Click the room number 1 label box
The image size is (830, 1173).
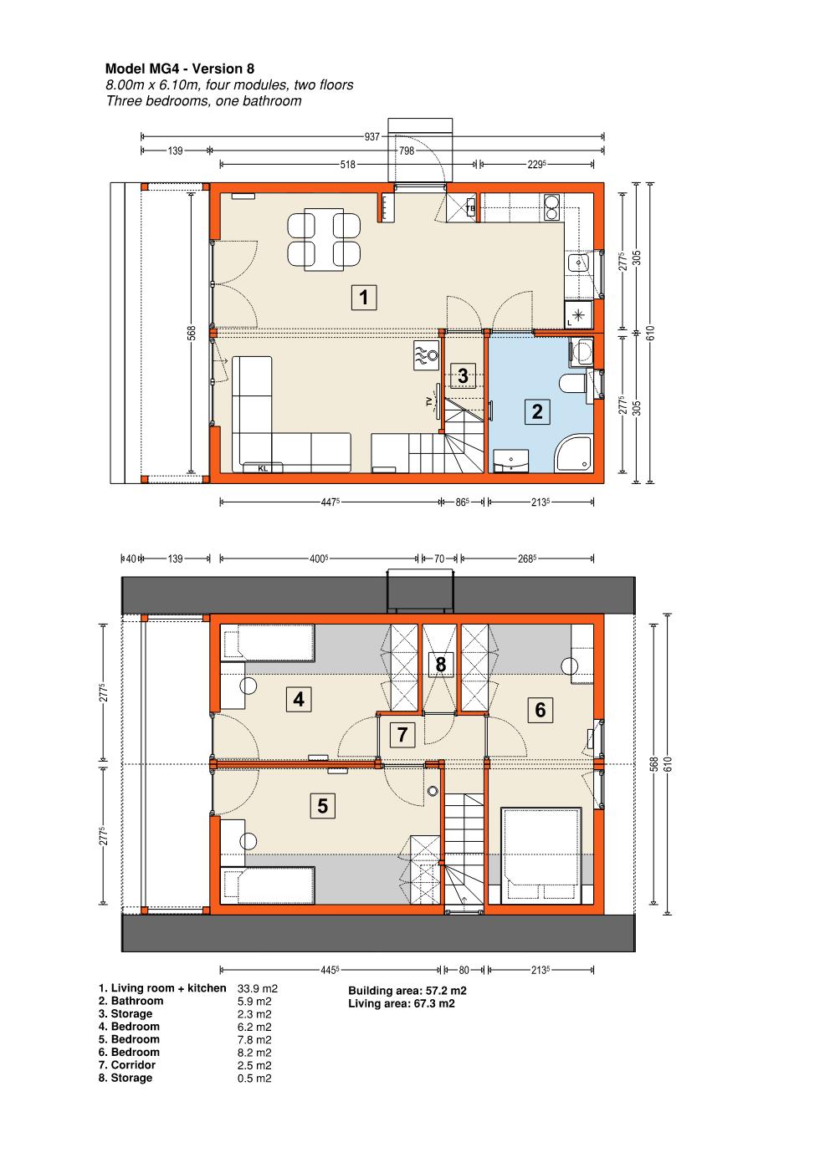tap(363, 298)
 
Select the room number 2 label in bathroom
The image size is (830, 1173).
tap(537, 411)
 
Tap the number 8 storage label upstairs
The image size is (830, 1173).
tap(440, 664)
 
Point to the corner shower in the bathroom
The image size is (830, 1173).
tap(573, 453)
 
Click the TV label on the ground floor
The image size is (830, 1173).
tap(429, 401)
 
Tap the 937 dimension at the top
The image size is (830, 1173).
tap(371, 136)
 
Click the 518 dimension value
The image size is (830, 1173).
tap(347, 165)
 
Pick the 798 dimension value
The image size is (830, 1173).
tap(406, 150)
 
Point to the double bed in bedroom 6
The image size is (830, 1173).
tap(541, 855)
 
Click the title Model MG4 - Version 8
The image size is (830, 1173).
tap(180, 69)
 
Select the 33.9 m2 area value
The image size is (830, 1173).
tap(257, 988)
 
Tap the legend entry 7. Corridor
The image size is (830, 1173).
tap(127, 1065)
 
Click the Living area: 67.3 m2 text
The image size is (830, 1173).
tap(402, 1003)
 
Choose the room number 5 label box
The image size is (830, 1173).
tap(322, 805)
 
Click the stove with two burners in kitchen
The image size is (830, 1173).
tap(551, 207)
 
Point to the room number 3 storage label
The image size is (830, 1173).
tap(463, 375)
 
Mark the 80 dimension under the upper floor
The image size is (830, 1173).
tap(464, 971)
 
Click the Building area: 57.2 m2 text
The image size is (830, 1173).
tap(407, 990)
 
